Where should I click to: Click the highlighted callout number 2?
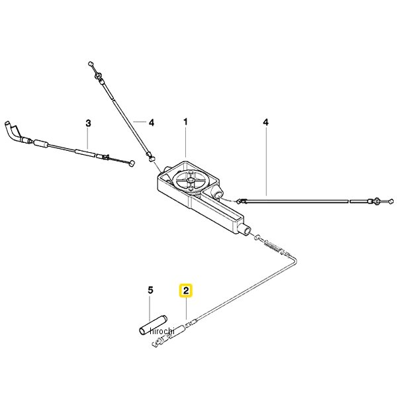click(x=186, y=290)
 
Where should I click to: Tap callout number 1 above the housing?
click(x=185, y=122)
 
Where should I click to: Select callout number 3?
click(x=88, y=123)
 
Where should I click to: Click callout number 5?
click(x=150, y=290)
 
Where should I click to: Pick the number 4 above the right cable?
click(x=265, y=122)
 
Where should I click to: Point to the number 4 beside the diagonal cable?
click(x=151, y=123)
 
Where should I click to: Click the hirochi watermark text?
click(x=162, y=331)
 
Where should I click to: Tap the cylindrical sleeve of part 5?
click(x=154, y=325)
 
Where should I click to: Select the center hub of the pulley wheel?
click(x=190, y=180)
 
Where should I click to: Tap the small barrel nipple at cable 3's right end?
click(x=132, y=163)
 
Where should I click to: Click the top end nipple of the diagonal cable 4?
click(x=91, y=64)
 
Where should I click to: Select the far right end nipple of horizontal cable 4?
click(x=391, y=202)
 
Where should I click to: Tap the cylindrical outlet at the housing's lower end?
click(x=246, y=230)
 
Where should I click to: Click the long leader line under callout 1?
click(x=186, y=142)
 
